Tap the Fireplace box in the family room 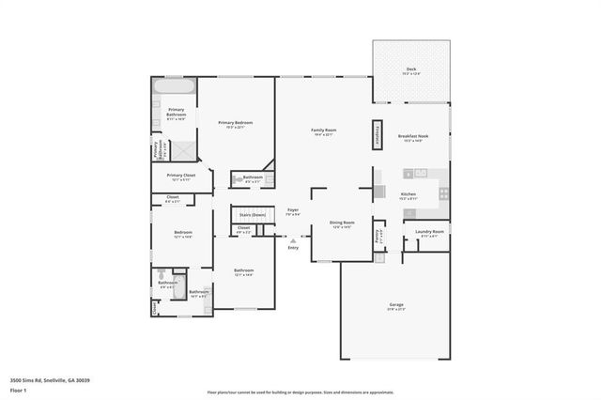381,133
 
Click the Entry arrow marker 293,238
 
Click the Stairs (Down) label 253,215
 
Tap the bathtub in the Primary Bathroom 175,87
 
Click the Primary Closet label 181,176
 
